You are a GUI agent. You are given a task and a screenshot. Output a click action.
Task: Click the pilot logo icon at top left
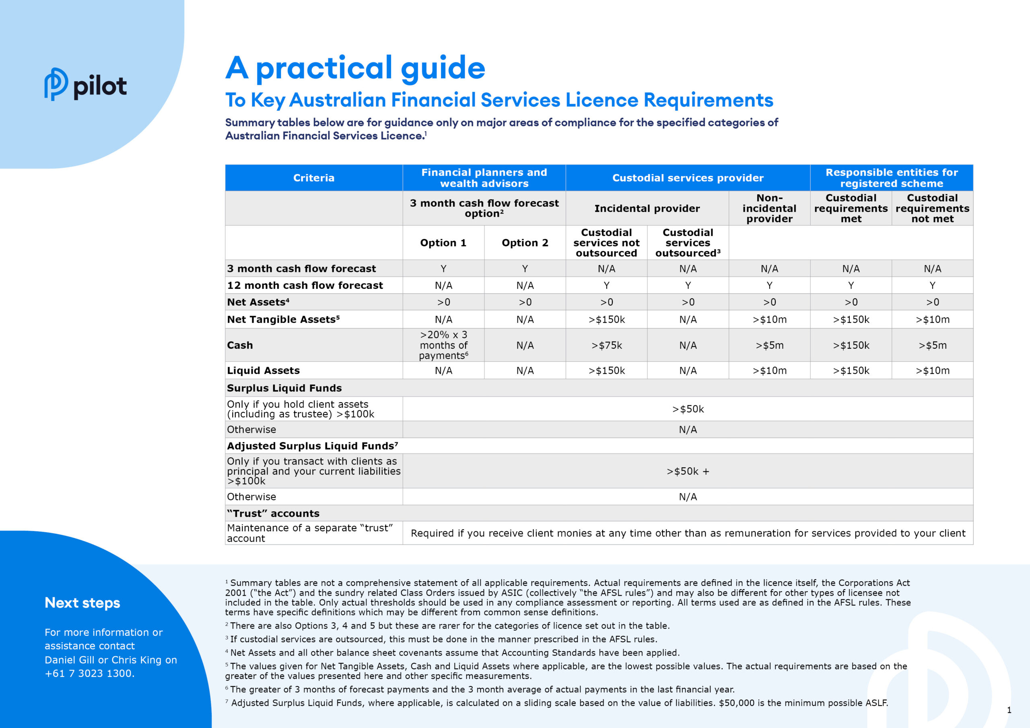(56, 84)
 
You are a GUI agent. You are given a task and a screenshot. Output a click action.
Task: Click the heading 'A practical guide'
(355, 68)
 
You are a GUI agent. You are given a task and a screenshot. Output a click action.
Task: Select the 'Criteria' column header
(313, 178)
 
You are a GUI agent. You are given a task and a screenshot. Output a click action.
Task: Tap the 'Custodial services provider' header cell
(687, 178)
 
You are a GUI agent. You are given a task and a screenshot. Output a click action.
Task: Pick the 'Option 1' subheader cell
(443, 243)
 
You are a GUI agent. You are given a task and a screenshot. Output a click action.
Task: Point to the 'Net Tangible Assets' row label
(283, 319)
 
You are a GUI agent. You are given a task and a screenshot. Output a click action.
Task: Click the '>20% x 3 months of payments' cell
(443, 345)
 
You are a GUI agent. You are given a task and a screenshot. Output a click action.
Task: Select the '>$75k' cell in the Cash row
(606, 345)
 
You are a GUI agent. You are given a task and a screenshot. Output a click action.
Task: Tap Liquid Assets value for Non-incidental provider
(769, 370)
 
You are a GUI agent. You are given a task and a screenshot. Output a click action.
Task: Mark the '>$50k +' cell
(687, 471)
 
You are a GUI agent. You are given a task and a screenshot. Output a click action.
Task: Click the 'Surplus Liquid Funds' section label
(284, 388)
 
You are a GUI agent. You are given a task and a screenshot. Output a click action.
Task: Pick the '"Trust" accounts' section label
(273, 513)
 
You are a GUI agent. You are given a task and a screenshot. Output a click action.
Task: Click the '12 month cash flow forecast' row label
(305, 285)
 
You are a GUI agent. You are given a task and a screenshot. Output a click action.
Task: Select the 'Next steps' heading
(82, 603)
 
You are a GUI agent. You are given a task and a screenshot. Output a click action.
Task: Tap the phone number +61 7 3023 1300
(89, 673)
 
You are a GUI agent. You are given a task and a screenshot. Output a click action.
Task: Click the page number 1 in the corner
(1009, 710)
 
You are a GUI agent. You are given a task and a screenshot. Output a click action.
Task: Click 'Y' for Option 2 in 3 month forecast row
(525, 269)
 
